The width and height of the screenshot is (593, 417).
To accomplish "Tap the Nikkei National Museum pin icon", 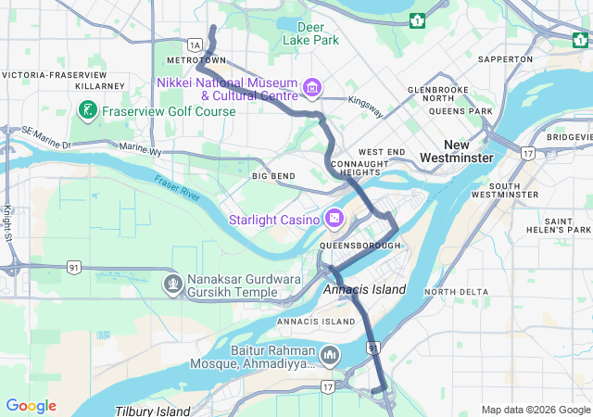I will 312,89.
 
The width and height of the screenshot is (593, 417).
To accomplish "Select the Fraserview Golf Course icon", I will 87,111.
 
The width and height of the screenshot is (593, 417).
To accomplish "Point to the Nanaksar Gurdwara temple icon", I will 172,282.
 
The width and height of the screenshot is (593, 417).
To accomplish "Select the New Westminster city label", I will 456,152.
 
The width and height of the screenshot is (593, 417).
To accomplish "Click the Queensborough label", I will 360,246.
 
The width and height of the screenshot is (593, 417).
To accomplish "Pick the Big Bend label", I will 272,176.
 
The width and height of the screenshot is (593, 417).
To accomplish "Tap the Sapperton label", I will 506,59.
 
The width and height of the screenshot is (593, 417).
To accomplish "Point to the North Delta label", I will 455,293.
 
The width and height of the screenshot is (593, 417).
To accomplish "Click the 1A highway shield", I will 194,44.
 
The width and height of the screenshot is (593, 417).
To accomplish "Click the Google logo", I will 31,406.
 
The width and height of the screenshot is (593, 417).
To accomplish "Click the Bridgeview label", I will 569,137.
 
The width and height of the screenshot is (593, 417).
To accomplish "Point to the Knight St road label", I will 6,221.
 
